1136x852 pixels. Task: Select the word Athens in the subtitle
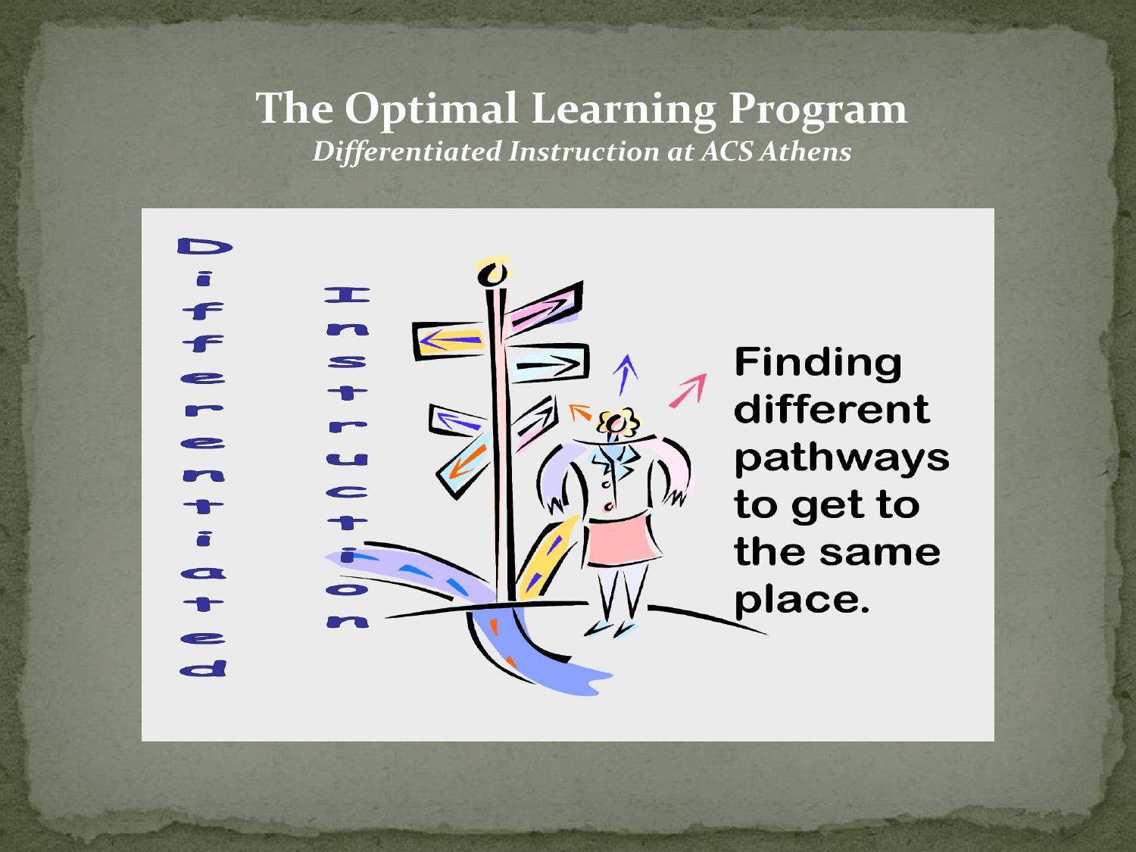805,151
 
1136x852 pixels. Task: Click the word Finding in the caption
818,364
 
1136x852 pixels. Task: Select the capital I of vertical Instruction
347,295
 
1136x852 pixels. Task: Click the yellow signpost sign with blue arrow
448,341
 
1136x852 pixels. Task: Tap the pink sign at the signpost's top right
544,307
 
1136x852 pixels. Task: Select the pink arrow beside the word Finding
688,391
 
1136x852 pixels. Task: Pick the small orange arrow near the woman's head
580,412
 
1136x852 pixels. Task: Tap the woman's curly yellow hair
619,422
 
